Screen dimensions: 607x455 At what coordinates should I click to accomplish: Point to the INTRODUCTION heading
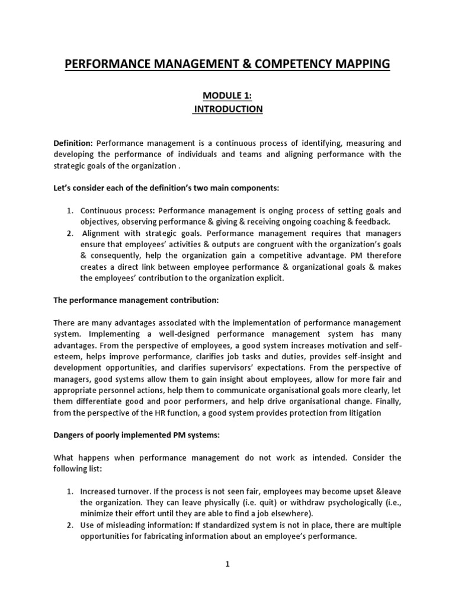point(227,109)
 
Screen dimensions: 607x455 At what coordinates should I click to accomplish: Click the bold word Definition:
point(73,143)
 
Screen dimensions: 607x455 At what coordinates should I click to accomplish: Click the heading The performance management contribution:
point(136,301)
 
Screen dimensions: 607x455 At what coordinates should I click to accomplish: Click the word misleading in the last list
point(127,526)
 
